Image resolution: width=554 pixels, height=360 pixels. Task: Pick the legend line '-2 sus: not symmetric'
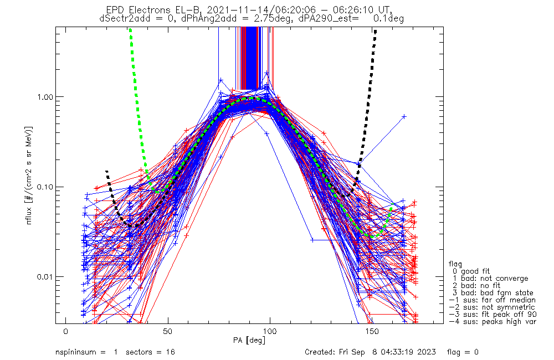(491, 307)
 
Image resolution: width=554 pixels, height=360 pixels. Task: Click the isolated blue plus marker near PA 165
(404, 116)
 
